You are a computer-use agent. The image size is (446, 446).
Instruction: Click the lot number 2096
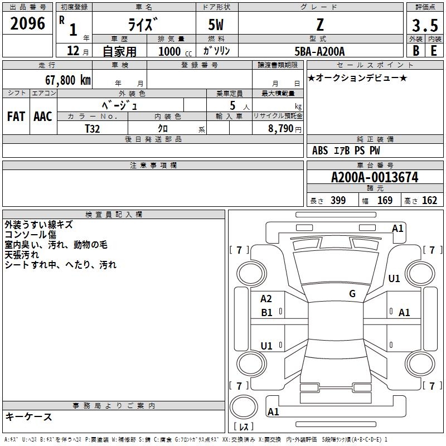pos(28,23)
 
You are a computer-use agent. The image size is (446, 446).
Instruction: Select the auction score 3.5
pos(424,25)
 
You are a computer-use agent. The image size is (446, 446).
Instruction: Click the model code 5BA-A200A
pos(319,51)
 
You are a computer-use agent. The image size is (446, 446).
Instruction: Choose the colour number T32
pos(93,128)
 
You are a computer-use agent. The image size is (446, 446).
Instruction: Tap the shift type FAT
pos(16,116)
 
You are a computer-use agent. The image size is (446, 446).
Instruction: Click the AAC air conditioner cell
pos(43,116)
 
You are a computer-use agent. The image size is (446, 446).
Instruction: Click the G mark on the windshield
pos(352,293)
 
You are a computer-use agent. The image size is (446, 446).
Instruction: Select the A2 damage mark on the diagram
pos(266,299)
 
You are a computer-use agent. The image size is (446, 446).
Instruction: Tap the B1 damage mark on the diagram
pos(266,313)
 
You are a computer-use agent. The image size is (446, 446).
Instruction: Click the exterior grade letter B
pos(416,50)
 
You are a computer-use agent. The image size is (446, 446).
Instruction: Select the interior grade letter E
pos(434,50)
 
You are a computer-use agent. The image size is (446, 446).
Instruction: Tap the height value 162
pos(429,201)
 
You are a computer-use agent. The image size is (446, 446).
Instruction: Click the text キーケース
pos(29,417)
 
